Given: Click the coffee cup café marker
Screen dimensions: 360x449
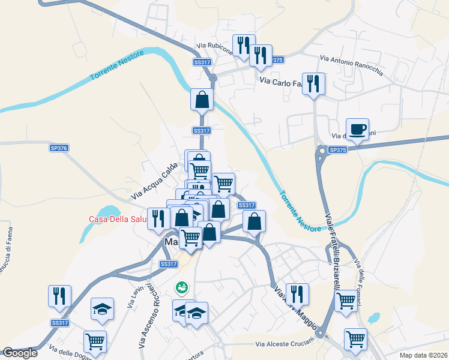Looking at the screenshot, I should tap(357, 130).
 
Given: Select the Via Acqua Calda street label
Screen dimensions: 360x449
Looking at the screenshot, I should tap(155, 181).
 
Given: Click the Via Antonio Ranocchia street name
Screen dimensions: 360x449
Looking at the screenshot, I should tap(351, 65).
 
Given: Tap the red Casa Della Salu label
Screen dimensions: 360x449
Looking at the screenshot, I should tap(118, 219).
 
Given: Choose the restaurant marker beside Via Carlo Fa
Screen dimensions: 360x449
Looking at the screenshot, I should tap(313, 84).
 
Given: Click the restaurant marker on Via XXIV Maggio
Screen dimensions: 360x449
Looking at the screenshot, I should tap(297, 295).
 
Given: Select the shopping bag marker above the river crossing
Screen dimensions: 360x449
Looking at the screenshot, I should tap(202, 100).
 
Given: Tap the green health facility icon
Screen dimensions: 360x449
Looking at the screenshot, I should tap(181, 289).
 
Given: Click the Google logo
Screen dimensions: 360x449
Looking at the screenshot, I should tap(20, 353).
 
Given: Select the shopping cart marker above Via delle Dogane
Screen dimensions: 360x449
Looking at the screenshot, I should tap(95, 342).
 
